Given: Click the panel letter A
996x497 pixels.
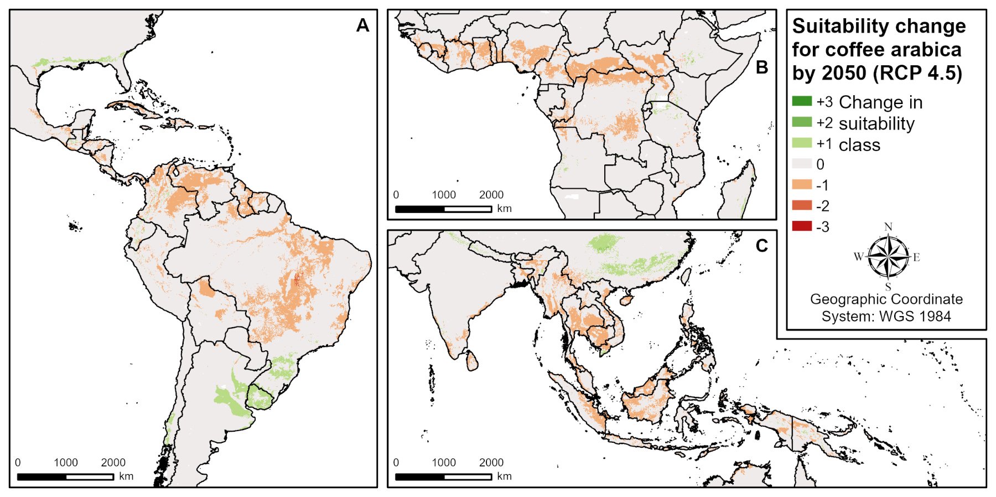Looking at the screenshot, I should click(x=362, y=25).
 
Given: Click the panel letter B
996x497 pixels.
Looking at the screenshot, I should click(x=762, y=68).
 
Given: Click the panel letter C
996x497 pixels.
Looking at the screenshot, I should click(x=762, y=246).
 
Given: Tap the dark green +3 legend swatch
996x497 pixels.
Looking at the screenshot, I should click(x=802, y=101).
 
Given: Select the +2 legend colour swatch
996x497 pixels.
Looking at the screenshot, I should click(x=802, y=122).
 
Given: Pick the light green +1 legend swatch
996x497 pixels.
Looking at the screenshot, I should click(x=802, y=143).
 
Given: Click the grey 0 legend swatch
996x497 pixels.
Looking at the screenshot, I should click(x=802, y=164).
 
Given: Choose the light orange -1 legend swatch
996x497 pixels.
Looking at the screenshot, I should click(x=802, y=185).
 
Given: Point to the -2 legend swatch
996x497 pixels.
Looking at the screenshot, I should click(x=802, y=205).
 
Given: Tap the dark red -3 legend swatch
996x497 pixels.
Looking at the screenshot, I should click(x=802, y=226).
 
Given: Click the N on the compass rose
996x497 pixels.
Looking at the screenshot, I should click(x=888, y=227).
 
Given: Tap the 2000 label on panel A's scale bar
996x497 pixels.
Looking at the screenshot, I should click(x=113, y=463).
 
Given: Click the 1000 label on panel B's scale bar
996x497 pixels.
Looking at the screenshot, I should click(x=444, y=195).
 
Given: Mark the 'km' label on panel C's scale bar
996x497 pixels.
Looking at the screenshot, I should click(x=504, y=476).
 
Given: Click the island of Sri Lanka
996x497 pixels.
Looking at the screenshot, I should click(x=472, y=361).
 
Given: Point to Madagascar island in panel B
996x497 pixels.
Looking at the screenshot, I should click(x=738, y=191).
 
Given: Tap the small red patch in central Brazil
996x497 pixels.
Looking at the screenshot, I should click(x=296, y=279).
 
